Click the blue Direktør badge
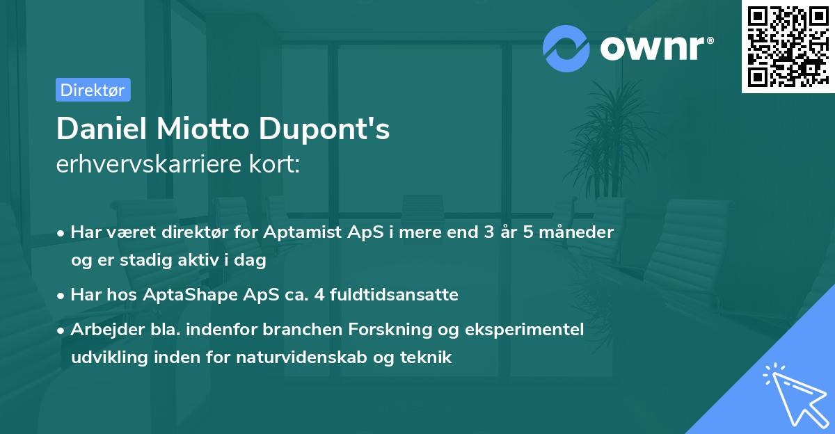click(93, 90)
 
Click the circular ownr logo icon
click(566, 48)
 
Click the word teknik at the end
click(429, 357)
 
